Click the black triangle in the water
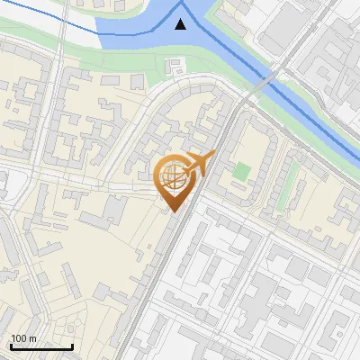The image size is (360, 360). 182,23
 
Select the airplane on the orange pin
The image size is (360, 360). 199,165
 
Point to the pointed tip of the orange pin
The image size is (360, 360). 173,212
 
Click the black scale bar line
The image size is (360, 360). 41,346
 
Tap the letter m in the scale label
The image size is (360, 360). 33,338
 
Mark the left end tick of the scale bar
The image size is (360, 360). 11,345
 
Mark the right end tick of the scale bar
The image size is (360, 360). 72,345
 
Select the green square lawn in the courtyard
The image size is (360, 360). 240,170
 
